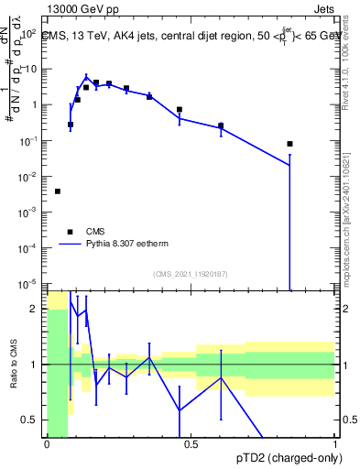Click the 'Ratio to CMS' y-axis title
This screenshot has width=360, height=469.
coord(12,364)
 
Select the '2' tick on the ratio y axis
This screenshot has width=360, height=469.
coord(35,310)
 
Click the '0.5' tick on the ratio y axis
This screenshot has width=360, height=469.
coord(30,420)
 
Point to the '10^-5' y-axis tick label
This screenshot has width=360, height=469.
coord(27,283)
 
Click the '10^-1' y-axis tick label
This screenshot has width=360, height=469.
coord(27,140)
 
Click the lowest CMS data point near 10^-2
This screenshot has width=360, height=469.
coord(58,191)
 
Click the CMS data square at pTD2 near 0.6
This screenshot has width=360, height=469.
coord(221,125)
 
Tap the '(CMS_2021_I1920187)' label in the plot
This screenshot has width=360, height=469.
coord(190,274)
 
